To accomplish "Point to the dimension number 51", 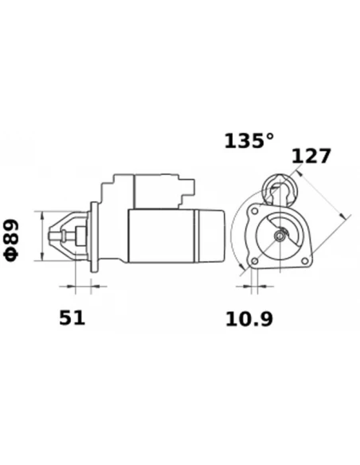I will (72, 318).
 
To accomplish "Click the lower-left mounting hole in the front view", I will (255, 262).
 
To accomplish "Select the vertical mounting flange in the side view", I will (96, 236).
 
